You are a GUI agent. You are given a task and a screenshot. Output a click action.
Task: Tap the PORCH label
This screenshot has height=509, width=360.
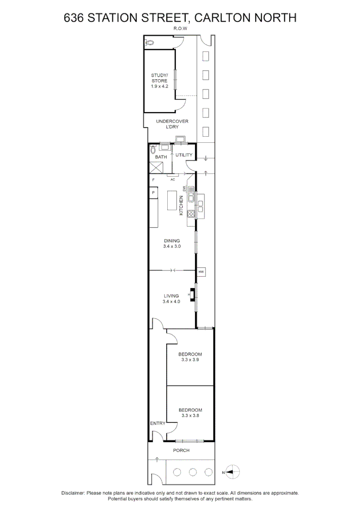point(181,451)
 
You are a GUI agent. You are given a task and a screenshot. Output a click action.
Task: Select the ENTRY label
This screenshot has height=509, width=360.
point(157,423)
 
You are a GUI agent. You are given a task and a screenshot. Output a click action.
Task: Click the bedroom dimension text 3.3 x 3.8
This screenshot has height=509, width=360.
point(190,416)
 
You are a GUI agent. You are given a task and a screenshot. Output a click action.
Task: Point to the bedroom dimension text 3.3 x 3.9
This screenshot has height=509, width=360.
point(190,360)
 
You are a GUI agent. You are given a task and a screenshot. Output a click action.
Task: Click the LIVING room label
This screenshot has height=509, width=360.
point(172,296)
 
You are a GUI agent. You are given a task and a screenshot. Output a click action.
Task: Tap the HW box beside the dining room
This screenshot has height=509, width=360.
point(201,272)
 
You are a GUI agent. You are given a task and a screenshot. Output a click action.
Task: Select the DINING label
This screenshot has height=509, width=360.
point(172,241)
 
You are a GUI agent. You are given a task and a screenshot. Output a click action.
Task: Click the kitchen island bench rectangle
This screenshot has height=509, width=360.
point(174,200)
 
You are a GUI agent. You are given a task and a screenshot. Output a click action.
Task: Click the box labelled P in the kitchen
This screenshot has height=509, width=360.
point(153,193)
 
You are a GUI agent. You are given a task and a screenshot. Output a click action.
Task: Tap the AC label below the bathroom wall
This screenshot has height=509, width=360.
point(172,180)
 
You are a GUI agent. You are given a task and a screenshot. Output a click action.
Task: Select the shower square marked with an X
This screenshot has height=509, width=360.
point(156,168)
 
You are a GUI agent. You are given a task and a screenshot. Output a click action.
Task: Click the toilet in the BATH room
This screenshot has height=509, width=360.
point(153,150)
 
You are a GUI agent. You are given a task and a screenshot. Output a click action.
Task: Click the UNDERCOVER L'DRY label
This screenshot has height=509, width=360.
point(172,124)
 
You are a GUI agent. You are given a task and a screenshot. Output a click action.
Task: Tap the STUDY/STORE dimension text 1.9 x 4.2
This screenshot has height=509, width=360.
point(159,86)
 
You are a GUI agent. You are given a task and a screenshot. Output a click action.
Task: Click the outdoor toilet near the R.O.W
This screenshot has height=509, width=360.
point(150,42)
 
